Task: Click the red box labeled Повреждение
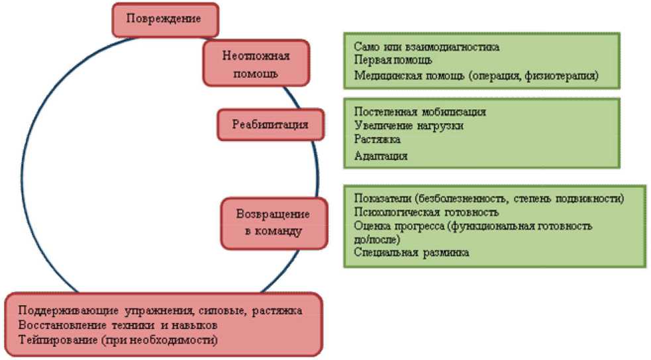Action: [165, 19]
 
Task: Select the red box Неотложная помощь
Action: [256, 63]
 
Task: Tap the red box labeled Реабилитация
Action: [270, 124]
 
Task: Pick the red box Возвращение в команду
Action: [273, 222]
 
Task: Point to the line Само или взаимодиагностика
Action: [426, 48]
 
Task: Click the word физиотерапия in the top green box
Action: [564, 75]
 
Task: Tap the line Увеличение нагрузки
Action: [408, 126]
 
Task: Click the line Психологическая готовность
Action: [426, 212]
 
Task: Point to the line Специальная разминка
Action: [411, 252]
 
